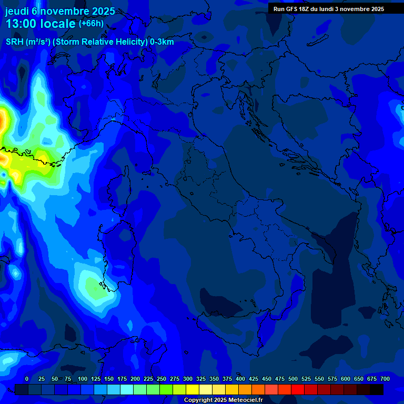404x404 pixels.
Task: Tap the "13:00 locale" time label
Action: (41, 24)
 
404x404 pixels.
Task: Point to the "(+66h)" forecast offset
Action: (91, 24)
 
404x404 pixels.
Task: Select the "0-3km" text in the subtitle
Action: (162, 42)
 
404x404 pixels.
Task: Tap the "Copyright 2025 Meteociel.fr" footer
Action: (223, 400)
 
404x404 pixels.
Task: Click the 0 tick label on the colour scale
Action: (27, 379)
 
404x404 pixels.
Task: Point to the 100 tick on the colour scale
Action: (83, 379)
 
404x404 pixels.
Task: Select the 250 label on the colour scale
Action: (161, 379)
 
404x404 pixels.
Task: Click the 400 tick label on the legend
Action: (240, 379)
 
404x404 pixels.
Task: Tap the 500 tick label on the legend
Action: (293, 379)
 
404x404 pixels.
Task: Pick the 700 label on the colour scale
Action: (385, 379)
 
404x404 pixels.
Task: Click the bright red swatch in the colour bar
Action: (298, 389)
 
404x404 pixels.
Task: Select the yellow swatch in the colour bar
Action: (193, 389)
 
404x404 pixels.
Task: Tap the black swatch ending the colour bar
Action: (377, 389)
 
